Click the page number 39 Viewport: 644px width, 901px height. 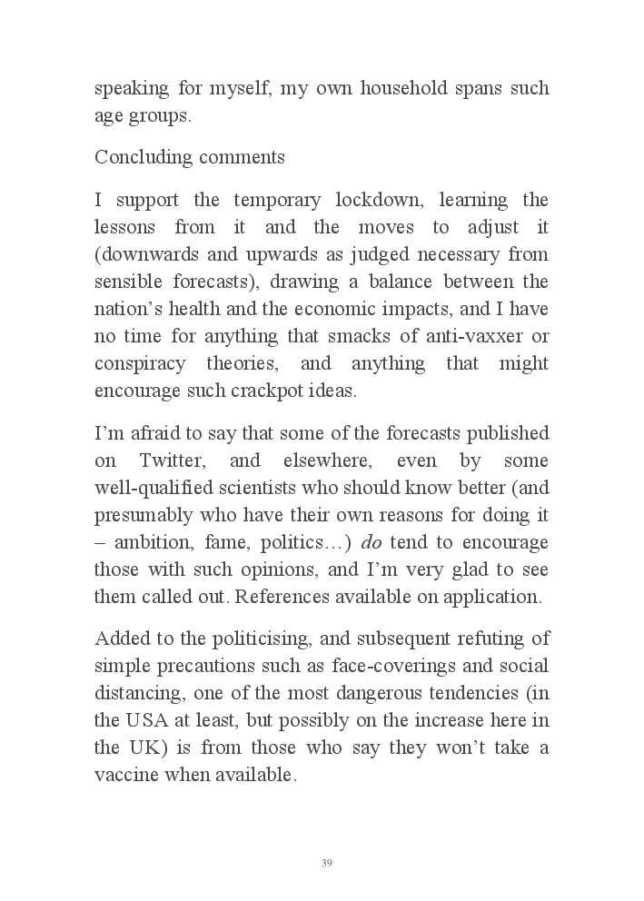(x=326, y=863)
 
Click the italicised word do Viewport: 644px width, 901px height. (x=371, y=542)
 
